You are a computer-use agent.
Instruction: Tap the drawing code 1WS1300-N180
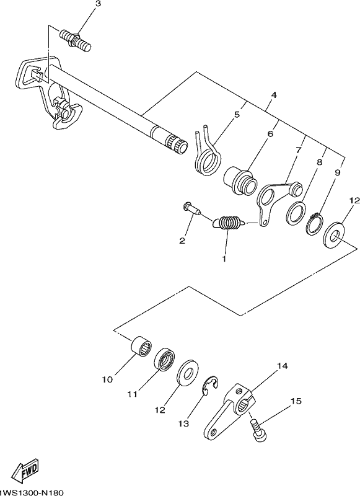[32, 492]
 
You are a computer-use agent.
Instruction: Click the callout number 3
[99, 4]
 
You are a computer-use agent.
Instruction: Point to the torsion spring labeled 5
[207, 153]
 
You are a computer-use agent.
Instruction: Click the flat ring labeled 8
[296, 214]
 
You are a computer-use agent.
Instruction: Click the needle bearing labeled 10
[141, 347]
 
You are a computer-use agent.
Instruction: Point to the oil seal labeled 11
[165, 358]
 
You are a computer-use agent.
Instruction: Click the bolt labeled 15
[258, 429]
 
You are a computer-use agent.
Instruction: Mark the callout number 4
[274, 95]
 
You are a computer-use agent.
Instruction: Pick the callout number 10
[107, 379]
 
